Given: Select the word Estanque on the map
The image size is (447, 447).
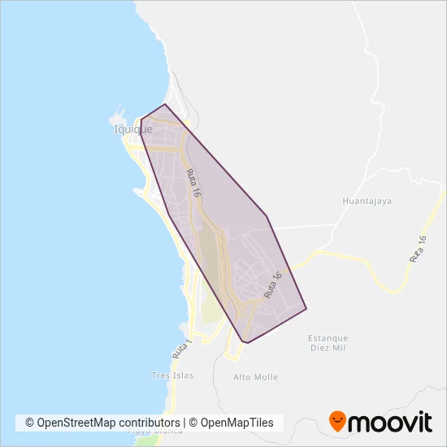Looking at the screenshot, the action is tap(328, 338).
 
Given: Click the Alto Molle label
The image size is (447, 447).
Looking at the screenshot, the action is tap(255, 377).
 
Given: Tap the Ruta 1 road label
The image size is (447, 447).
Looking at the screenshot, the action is tap(181, 349).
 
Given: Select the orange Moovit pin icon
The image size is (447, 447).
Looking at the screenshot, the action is tap(337, 421).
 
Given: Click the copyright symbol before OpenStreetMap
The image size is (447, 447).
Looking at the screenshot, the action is tap(30, 423).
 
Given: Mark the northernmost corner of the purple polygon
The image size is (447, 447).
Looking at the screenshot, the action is tap(166, 104).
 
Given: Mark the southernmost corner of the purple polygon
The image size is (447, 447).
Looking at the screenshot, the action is tap(245, 343).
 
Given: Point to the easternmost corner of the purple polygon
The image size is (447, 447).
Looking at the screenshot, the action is tap(306, 309).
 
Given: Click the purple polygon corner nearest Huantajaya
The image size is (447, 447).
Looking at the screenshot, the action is tap(267, 216).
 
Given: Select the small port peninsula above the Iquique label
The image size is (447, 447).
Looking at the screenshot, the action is tap(123, 113).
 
